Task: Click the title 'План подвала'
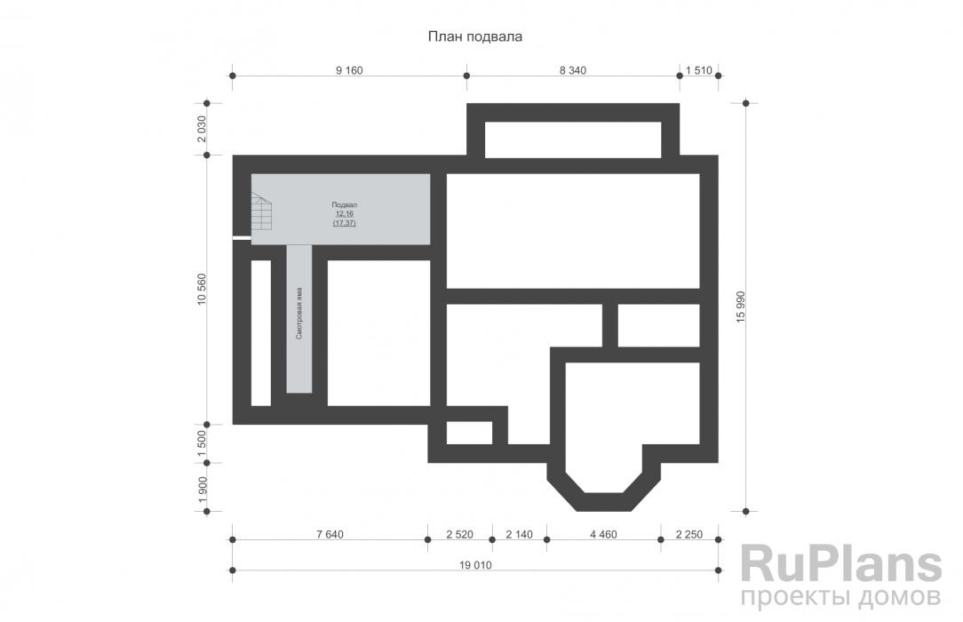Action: click(x=474, y=36)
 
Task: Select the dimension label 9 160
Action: click(x=349, y=70)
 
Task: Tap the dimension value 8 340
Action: click(x=572, y=70)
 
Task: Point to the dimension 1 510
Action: click(x=699, y=70)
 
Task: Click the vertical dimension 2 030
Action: click(x=202, y=129)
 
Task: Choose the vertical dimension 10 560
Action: click(x=202, y=289)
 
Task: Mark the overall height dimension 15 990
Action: click(x=740, y=307)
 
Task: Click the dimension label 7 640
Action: click(x=330, y=535)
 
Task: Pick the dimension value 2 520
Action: click(x=459, y=535)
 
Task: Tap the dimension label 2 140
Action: click(x=519, y=535)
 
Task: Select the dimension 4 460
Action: click(x=603, y=535)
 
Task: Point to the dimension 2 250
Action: click(x=689, y=535)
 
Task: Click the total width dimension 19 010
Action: click(x=475, y=565)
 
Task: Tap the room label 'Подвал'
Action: click(x=344, y=205)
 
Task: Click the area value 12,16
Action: click(x=344, y=213)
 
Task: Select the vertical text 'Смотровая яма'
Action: click(x=299, y=313)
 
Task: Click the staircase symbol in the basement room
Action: click(x=262, y=211)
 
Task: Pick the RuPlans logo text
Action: click(x=840, y=563)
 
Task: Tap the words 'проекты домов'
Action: click(x=840, y=597)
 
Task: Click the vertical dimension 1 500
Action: click(x=202, y=443)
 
